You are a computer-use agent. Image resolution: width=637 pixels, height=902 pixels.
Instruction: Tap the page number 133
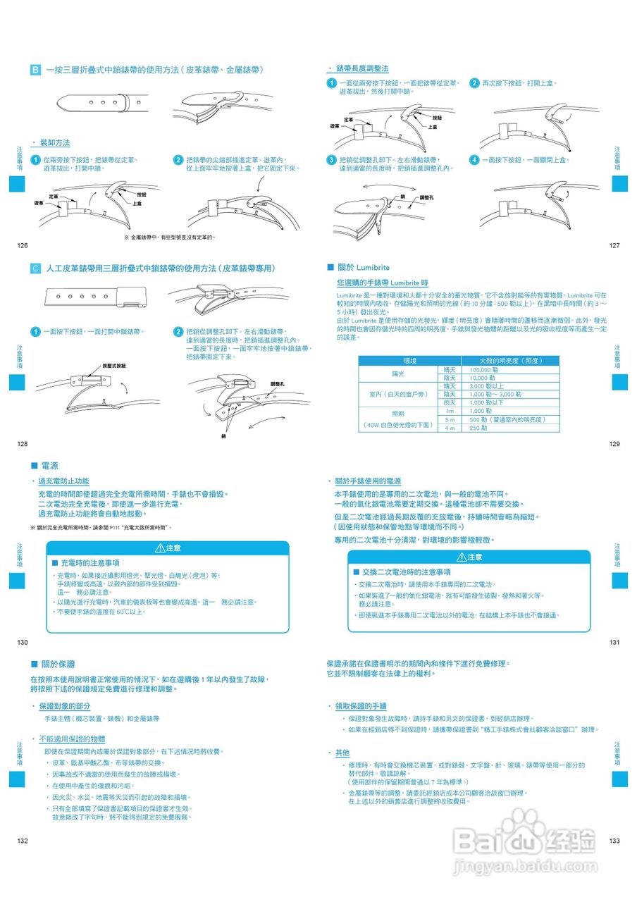(614, 841)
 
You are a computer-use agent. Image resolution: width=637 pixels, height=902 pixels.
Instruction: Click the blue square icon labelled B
(35, 70)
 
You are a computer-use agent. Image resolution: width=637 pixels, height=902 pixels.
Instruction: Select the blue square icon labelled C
(35, 268)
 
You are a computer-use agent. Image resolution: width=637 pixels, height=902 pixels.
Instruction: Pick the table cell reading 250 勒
(479, 428)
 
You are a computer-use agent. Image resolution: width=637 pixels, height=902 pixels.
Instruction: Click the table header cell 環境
(399, 361)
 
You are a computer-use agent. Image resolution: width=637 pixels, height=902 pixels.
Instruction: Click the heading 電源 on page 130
(49, 466)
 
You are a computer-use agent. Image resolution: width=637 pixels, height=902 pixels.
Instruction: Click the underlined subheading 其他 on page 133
(342, 753)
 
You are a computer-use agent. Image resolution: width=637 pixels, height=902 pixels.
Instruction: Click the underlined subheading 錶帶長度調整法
(362, 68)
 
